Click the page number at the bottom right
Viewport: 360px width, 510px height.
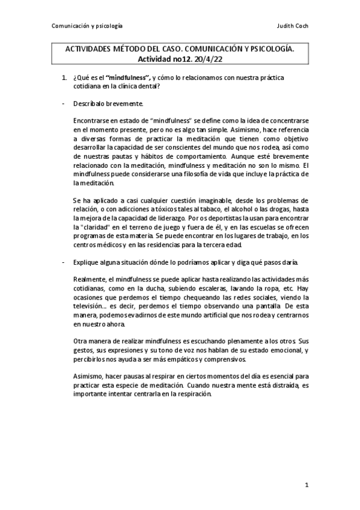pyautogui.click(x=306, y=485)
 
